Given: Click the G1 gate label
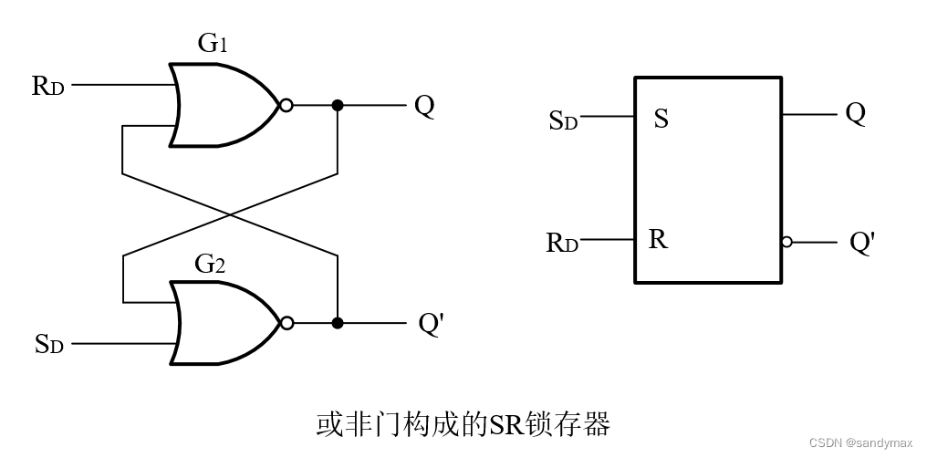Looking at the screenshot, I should pos(212,44).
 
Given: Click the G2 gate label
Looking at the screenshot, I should pos(211,265).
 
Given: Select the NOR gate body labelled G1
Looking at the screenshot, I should pos(219,106).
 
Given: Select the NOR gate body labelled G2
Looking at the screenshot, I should pos(219,323).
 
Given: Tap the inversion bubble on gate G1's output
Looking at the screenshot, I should pos(286,106).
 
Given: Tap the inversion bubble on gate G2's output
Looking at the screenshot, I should pos(286,323).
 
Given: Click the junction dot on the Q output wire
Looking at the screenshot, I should pos(338,106).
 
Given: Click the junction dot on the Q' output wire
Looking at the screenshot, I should pos(338,323).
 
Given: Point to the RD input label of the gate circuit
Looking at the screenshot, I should pos(47,87).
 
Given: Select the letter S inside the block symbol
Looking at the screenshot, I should pos(661,119).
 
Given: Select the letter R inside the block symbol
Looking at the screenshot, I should pos(658,241).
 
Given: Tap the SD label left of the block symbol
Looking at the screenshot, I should pos(563,120).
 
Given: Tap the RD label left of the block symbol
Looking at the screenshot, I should pos(562,243).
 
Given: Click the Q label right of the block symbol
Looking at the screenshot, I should pos(855,114).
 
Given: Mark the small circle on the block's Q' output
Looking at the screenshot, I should pos(786,243).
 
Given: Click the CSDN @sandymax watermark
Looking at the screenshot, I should pos(860,442).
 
